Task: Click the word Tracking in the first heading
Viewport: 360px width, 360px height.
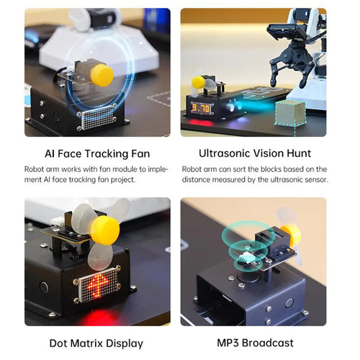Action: [107, 154]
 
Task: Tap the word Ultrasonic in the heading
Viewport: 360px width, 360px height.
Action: [225, 153]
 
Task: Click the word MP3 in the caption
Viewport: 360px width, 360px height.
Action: [228, 343]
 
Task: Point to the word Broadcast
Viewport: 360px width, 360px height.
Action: [268, 343]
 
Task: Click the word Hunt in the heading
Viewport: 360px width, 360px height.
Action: [299, 153]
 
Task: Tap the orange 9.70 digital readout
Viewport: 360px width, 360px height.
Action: [200, 109]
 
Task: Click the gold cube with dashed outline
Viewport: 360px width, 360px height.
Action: [290, 113]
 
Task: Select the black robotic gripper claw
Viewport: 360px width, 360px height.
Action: [292, 63]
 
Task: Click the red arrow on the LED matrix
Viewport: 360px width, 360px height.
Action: [98, 284]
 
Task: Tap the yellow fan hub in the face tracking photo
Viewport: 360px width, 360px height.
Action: [102, 75]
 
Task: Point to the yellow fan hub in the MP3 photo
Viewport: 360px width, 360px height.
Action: [291, 234]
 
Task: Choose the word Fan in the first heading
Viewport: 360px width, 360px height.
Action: [140, 154]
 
